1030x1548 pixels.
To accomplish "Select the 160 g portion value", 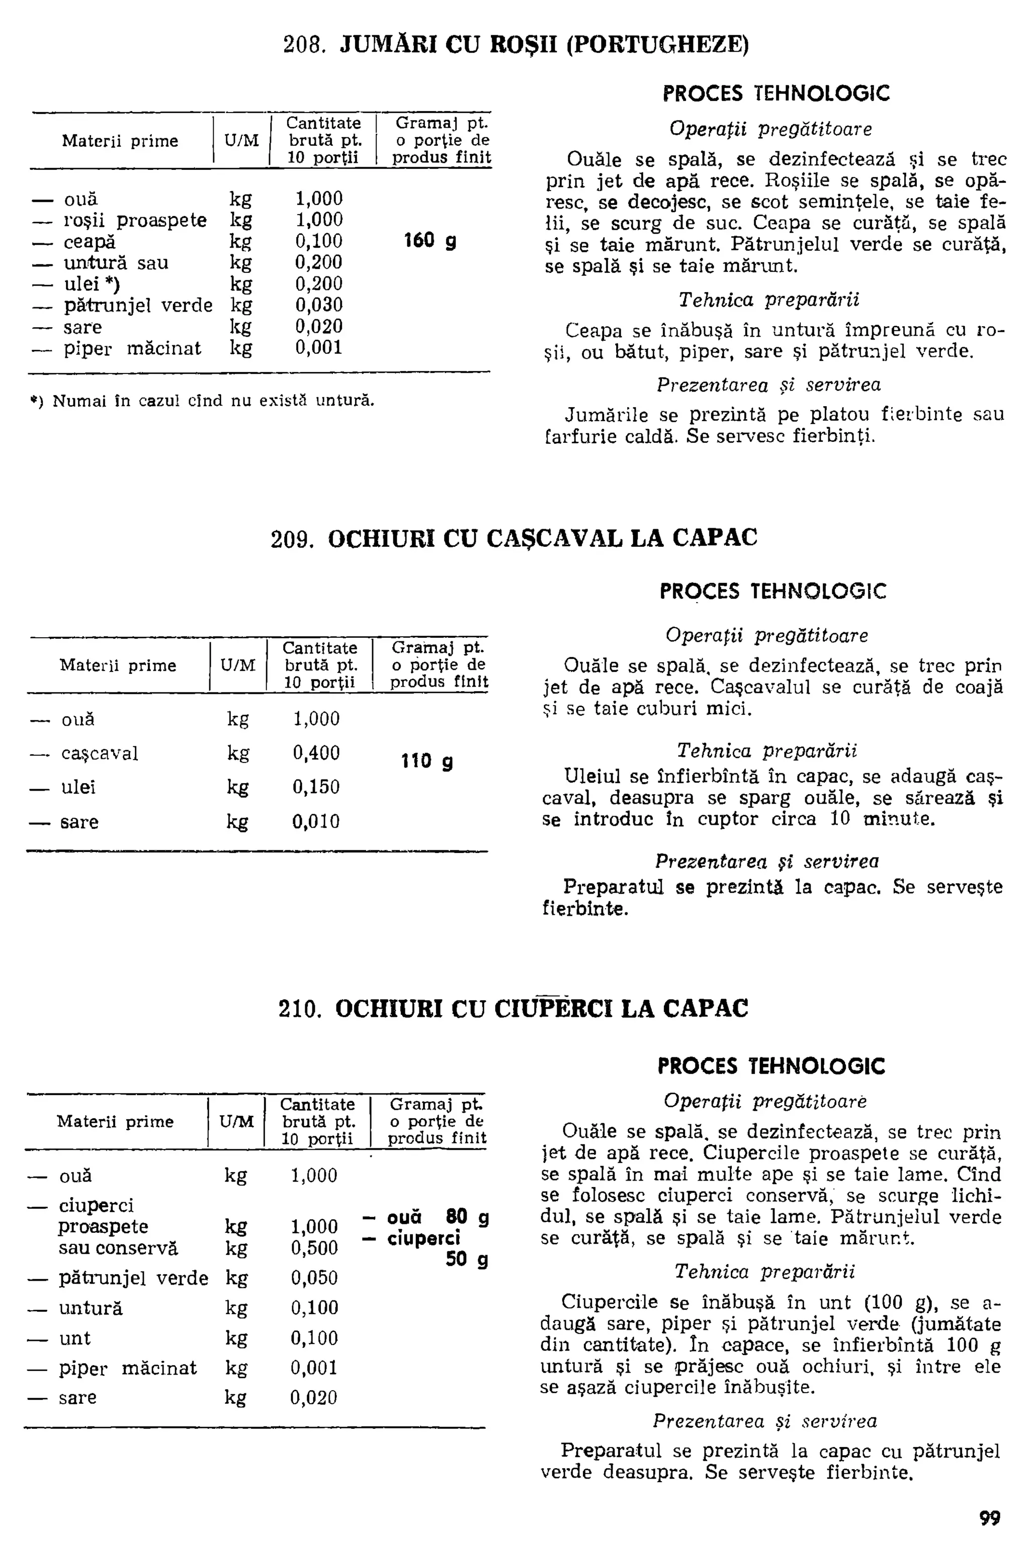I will pyautogui.click(x=431, y=241).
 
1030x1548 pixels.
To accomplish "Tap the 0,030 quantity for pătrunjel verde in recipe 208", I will pyautogui.click(x=318, y=305).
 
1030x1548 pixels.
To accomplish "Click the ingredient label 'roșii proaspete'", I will pyautogui.click(x=135, y=221).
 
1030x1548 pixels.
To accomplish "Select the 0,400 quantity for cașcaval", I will pyautogui.click(x=316, y=753).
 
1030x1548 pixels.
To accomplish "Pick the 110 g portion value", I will pyautogui.click(x=427, y=761).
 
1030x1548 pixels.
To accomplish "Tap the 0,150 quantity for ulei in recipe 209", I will pyautogui.click(x=316, y=787).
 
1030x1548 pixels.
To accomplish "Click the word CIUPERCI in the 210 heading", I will pyautogui.click(x=553, y=1008).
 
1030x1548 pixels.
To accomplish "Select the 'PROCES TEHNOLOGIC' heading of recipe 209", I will pyautogui.click(x=772, y=591).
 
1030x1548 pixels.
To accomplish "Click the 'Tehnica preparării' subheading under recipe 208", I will pyautogui.click(x=768, y=301).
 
